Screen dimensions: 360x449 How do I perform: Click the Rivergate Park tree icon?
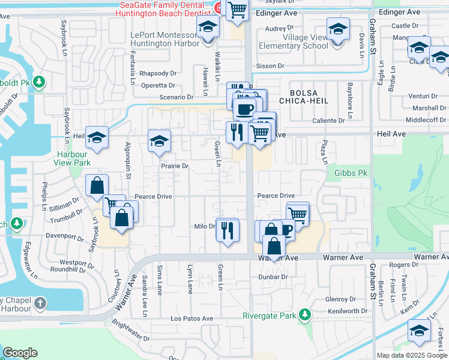point(306,314)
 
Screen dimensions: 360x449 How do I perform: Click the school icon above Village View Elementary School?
point(338,29)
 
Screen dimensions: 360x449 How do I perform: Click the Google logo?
point(20,353)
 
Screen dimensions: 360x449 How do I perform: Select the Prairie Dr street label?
point(174,166)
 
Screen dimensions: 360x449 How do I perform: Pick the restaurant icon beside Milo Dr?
point(227,230)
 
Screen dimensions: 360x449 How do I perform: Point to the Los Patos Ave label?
point(191,319)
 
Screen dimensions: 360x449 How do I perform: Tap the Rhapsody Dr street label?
point(157,73)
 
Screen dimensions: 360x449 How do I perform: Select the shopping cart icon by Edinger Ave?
point(238,10)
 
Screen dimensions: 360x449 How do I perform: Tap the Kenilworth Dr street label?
point(347,311)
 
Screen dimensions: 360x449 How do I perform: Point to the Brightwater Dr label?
point(130,331)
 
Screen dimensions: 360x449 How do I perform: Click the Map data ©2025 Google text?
point(412,355)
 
